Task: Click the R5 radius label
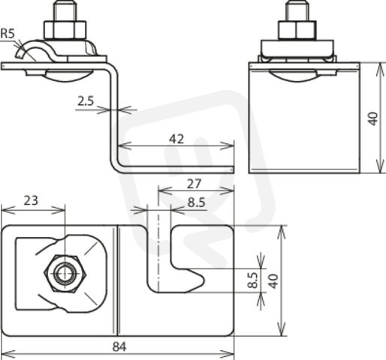pyautogui.click(x=8, y=34)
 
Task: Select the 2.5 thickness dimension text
pyautogui.click(x=86, y=101)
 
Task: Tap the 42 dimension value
pyautogui.click(x=176, y=139)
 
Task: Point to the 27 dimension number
pyautogui.click(x=194, y=184)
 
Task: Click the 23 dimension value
pyautogui.click(x=31, y=200)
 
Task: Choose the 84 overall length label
pyautogui.click(x=119, y=347)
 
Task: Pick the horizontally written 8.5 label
pyautogui.click(x=197, y=202)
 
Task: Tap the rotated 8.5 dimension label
pyautogui.click(x=253, y=280)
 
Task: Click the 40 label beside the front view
pyautogui.click(x=373, y=119)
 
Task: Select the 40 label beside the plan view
pyautogui.click(x=274, y=281)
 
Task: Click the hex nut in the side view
pyautogui.click(x=65, y=30)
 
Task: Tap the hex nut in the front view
pyautogui.click(x=297, y=30)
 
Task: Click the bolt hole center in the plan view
pyautogui.click(x=65, y=274)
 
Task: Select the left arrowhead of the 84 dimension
pyautogui.click(x=8, y=354)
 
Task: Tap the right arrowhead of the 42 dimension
pyautogui.click(x=227, y=145)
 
